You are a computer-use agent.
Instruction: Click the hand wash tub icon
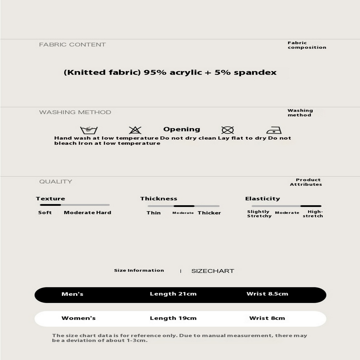tap(89, 130)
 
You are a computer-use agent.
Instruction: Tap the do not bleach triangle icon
tap(135, 130)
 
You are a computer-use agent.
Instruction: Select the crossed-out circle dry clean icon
tap(227, 130)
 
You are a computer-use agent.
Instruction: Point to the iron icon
tap(274, 130)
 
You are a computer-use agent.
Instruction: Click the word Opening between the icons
tap(181, 129)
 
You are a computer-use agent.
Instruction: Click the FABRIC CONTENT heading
tap(72, 45)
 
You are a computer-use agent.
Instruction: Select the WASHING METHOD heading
tap(75, 112)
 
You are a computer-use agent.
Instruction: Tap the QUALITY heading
tap(55, 181)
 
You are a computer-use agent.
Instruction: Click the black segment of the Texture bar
tap(50, 205)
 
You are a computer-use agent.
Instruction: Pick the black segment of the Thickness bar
tap(184, 206)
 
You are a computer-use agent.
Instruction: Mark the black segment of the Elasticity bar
tap(311, 206)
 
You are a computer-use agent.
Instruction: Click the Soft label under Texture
tap(45, 213)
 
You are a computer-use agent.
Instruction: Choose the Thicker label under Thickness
tap(209, 213)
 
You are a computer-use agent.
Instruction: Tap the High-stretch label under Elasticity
tap(313, 214)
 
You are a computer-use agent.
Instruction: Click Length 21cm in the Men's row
tap(173, 294)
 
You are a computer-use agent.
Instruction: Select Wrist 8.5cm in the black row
tap(267, 294)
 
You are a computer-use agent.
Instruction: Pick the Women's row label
tap(78, 318)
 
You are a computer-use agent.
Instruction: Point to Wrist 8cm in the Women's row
tap(267, 318)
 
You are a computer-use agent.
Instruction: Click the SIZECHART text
tap(212, 271)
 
